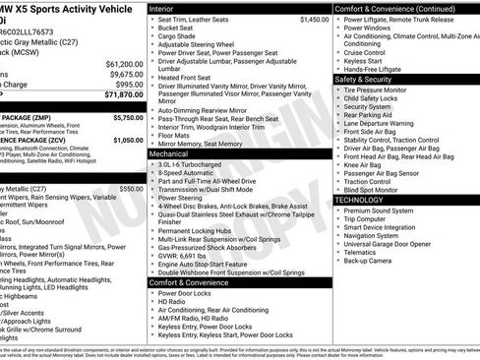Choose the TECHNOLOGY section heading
[x=365, y=200]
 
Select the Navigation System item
[x=379, y=236]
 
